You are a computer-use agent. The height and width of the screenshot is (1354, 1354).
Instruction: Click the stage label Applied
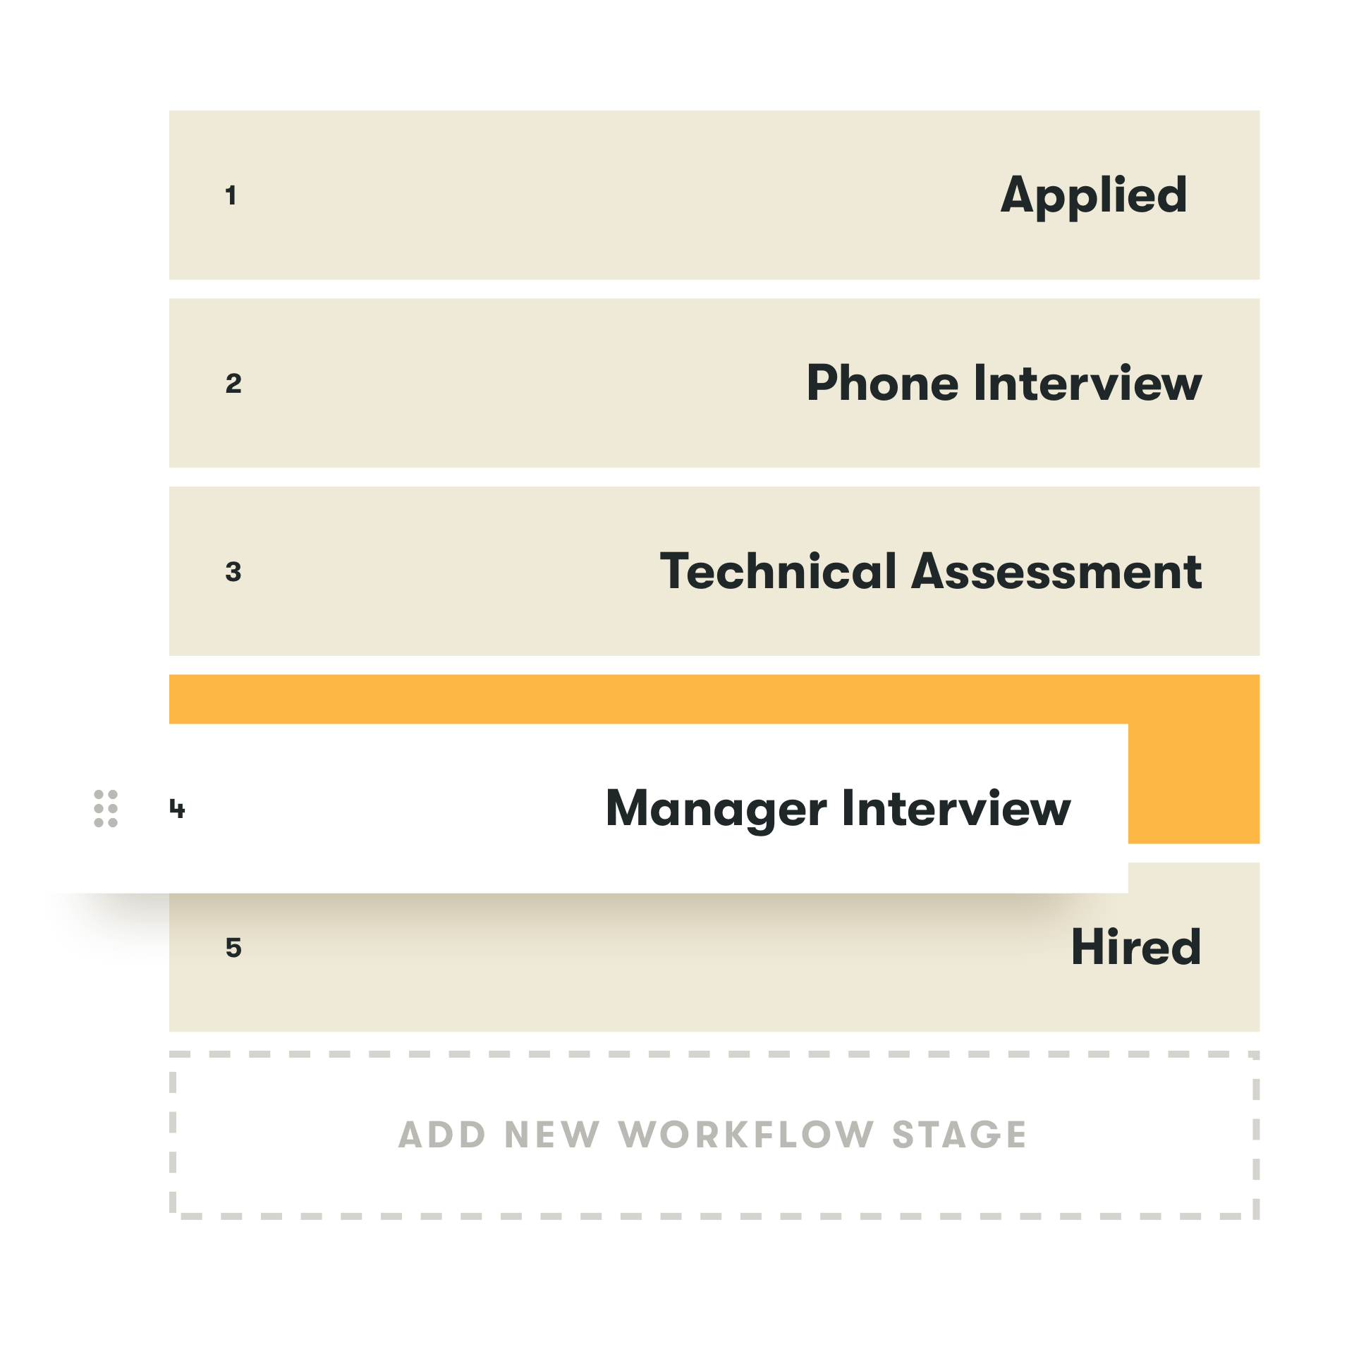click(x=1094, y=195)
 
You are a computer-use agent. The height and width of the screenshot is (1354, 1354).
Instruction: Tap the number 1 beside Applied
click(x=231, y=195)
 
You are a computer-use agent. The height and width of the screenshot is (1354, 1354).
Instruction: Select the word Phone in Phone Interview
click(x=883, y=384)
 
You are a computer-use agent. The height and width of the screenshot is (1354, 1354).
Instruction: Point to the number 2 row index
click(x=233, y=384)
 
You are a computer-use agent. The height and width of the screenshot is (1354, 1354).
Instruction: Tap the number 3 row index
click(x=233, y=572)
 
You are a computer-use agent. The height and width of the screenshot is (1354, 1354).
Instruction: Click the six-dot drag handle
click(x=106, y=808)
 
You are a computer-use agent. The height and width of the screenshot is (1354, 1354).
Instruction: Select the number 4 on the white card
click(x=177, y=808)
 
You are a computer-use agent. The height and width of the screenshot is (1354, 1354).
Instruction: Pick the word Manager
click(x=716, y=809)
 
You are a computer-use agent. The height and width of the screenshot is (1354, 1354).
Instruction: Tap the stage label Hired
click(x=1135, y=947)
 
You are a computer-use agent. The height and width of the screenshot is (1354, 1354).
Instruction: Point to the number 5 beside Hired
click(x=233, y=948)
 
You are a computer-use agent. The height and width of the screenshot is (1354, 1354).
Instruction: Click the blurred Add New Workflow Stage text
click(x=705, y=1134)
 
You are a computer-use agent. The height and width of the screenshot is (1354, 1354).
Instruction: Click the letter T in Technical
click(x=678, y=571)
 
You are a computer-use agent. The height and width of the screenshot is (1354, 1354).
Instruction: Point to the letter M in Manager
click(x=630, y=808)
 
